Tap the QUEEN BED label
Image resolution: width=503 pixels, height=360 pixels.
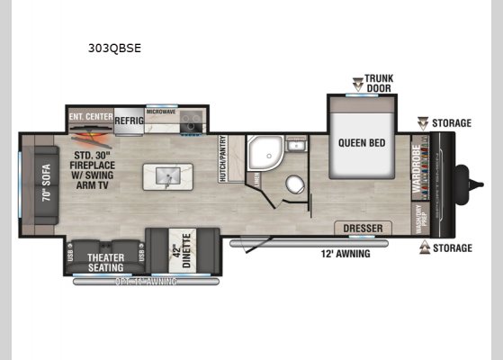pyautogui.click(x=364, y=142)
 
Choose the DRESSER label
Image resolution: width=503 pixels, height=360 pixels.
pyautogui.click(x=362, y=229)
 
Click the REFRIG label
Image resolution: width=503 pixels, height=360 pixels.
pyautogui.click(x=128, y=116)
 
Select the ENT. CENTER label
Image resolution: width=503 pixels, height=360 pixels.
pyautogui.click(x=88, y=115)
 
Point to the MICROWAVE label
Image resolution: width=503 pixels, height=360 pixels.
pyautogui.click(x=161, y=112)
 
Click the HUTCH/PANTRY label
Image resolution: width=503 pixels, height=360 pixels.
pyautogui.click(x=223, y=160)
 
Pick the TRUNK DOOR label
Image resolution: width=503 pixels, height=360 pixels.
pyautogui.click(x=379, y=84)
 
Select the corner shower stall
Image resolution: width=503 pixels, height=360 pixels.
pyautogui.click(x=263, y=155)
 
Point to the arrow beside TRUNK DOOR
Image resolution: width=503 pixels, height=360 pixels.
pyautogui.click(x=357, y=84)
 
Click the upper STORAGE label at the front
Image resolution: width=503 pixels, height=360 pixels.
pyautogui.click(x=450, y=122)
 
